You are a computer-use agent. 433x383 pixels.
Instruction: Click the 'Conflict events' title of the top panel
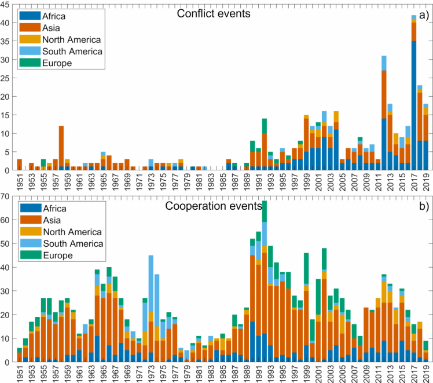pyautogui.click(x=214, y=13)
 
